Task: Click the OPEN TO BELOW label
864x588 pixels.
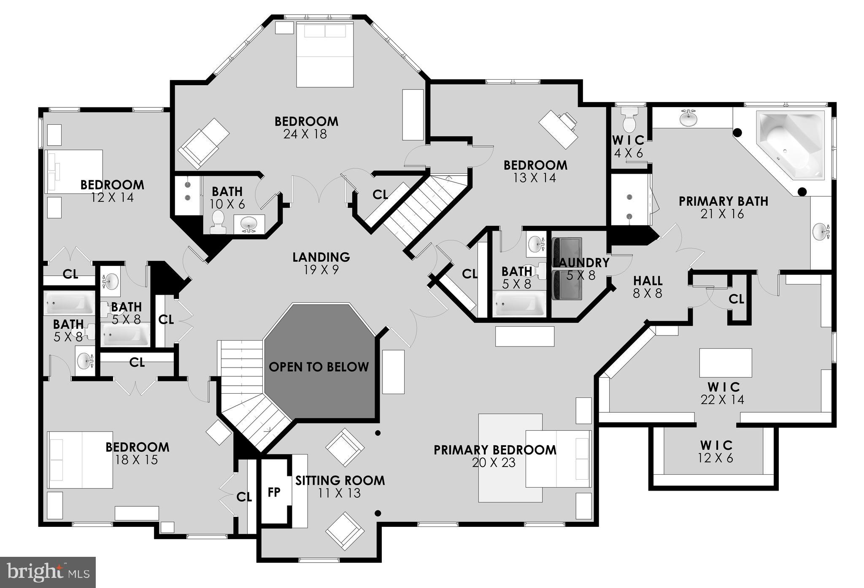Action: point(319,367)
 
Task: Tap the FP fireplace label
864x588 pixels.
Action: point(274,492)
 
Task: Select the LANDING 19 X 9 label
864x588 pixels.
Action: point(321,263)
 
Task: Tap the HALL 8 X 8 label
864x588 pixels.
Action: point(647,287)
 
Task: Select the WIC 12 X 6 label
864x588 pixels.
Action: point(716,451)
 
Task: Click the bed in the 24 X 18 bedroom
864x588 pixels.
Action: point(324,55)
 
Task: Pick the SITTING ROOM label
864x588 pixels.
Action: point(340,481)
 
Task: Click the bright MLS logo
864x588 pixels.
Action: point(48,572)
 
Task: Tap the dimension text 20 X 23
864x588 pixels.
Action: point(494,463)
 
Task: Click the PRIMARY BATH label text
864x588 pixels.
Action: point(723,201)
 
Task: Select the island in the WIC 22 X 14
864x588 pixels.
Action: point(725,362)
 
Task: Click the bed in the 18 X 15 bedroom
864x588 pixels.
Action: point(80,459)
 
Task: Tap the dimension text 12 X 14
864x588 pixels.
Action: point(112,197)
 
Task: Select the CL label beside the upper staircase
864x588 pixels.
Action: point(380,194)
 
